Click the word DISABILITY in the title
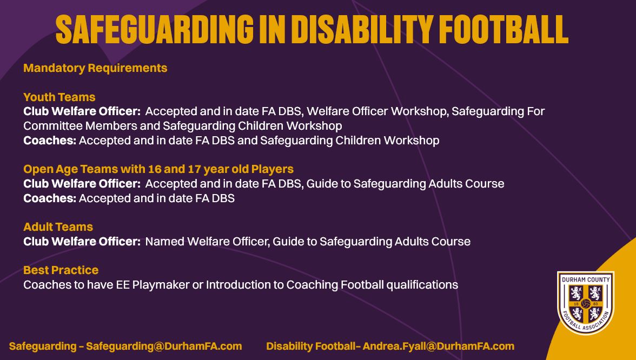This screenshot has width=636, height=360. [x=361, y=29]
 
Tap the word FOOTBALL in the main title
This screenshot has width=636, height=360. [x=504, y=29]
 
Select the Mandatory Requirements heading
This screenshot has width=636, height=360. [x=95, y=68]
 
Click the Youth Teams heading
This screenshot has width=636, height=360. [x=59, y=97]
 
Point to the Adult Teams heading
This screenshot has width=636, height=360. [x=58, y=226]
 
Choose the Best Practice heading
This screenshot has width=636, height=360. [x=61, y=270]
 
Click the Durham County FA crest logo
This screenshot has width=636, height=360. [x=585, y=303]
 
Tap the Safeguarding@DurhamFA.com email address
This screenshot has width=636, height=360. [x=164, y=346]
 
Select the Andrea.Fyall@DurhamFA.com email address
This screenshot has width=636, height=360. [x=439, y=346]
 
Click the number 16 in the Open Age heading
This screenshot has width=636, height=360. [x=154, y=169]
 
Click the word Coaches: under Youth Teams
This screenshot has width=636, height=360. [x=50, y=141]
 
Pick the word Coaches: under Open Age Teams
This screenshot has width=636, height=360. [x=50, y=198]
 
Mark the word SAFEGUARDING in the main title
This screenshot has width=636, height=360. [x=155, y=29]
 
